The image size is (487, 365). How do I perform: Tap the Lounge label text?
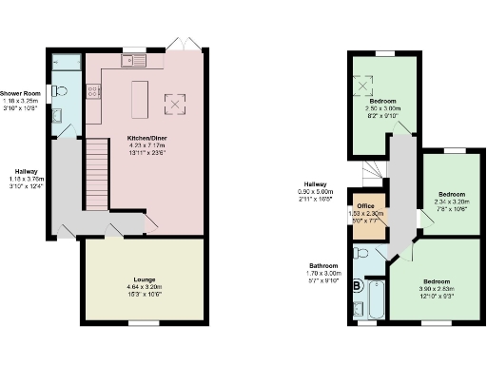coord(140,279)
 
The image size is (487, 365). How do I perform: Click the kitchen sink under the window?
coord(132,61)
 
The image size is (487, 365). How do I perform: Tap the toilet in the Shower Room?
coord(59,90)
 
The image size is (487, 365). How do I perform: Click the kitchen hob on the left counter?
coord(93,92)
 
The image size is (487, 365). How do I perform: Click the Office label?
coord(365,205)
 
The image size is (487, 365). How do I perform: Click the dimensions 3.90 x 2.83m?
coord(436,290)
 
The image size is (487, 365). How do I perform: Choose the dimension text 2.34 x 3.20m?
coord(449,203)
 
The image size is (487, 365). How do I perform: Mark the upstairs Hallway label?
coord(316,183)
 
